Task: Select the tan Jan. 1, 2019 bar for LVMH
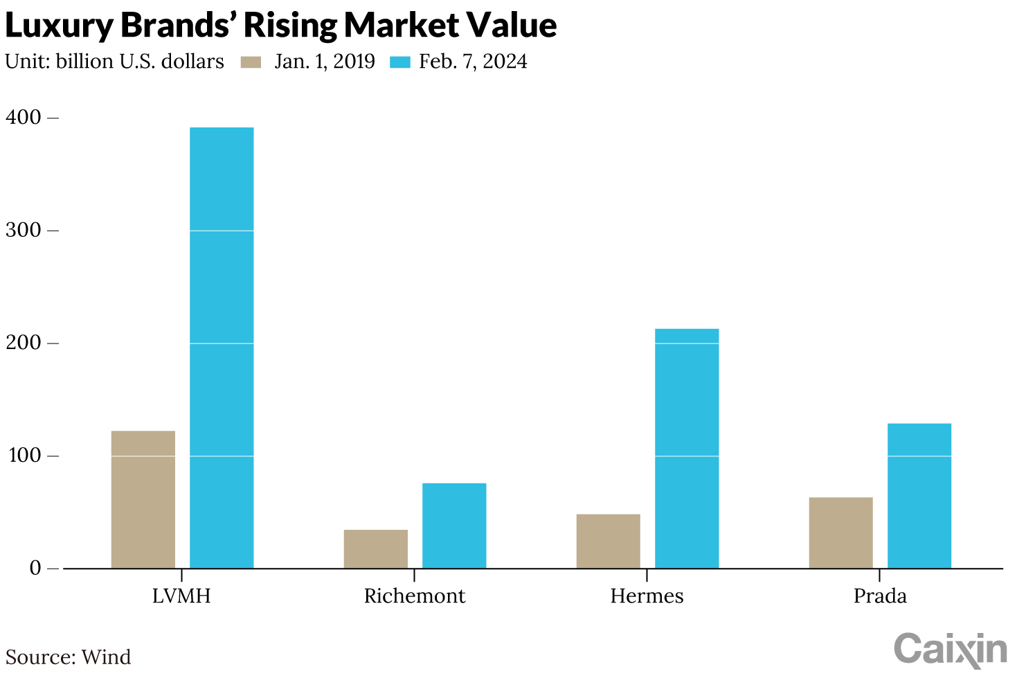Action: click(x=143, y=499)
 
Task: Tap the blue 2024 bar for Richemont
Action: click(x=454, y=526)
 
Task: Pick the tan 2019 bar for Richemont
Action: click(x=376, y=549)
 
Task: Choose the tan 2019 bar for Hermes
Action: click(x=609, y=541)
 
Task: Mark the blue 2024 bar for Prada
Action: click(x=919, y=496)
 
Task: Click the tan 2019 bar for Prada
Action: click(x=841, y=533)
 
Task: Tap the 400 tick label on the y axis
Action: click(x=24, y=118)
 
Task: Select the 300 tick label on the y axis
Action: click(x=24, y=230)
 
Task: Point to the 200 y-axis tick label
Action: click(x=24, y=343)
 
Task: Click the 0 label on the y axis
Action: click(x=35, y=568)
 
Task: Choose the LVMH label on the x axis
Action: click(x=181, y=596)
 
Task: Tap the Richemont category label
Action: click(x=414, y=596)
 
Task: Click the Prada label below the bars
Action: click(x=879, y=596)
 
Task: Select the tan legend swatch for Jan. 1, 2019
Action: click(x=251, y=62)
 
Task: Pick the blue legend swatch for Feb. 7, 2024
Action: click(x=400, y=62)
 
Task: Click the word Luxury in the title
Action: click(x=58, y=26)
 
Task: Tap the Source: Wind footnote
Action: click(x=68, y=657)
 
